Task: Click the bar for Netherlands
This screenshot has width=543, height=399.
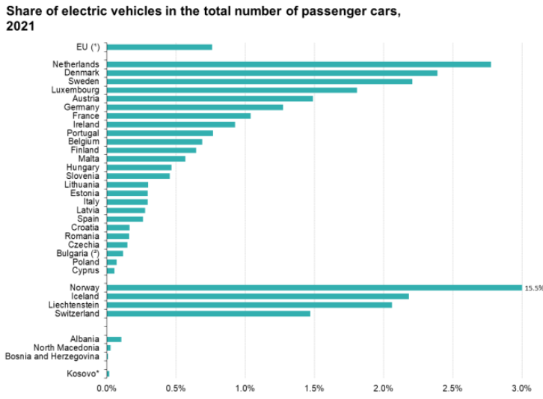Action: click(x=299, y=64)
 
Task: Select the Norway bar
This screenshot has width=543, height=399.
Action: click(x=314, y=287)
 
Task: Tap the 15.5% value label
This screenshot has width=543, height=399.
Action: click(x=533, y=287)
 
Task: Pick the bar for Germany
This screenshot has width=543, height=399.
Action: click(x=195, y=107)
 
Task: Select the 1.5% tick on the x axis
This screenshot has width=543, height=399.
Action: click(x=314, y=388)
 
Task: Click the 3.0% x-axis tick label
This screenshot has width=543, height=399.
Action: click(x=521, y=388)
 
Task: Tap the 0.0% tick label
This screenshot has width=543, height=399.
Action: click(x=107, y=388)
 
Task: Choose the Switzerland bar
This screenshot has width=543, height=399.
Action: click(x=209, y=314)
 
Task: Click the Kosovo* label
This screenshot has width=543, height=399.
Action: click(x=83, y=373)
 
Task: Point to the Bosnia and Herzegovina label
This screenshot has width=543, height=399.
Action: click(x=52, y=356)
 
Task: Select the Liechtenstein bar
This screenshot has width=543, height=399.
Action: click(x=250, y=305)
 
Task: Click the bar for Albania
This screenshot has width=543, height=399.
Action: click(x=114, y=339)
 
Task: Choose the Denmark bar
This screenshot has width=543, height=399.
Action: click(x=272, y=73)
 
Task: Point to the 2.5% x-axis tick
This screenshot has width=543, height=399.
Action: click(x=452, y=388)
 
